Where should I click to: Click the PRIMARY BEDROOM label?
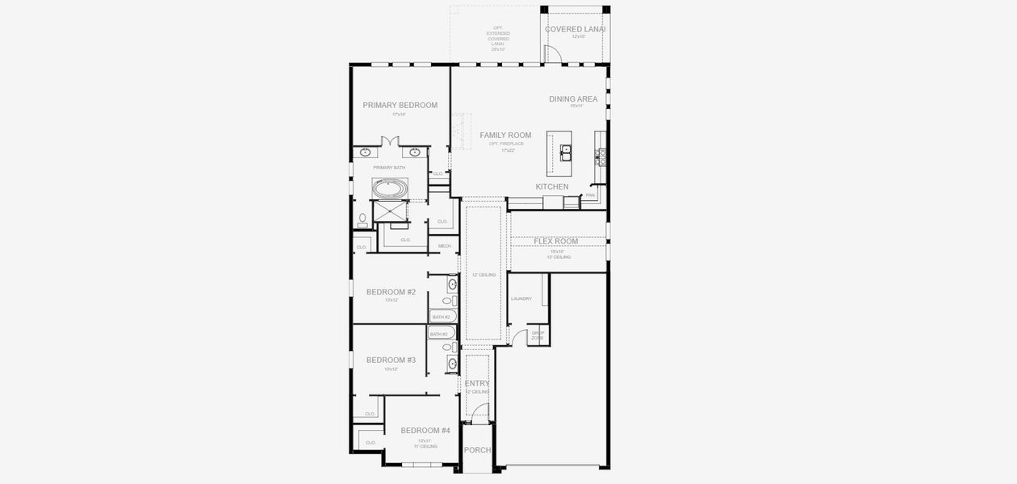point(400,105)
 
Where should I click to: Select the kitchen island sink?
point(566,149)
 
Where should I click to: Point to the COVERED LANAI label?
point(575,29)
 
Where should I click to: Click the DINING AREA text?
point(573,99)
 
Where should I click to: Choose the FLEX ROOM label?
point(555,241)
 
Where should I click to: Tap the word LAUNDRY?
point(521,298)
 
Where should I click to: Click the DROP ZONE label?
point(538,335)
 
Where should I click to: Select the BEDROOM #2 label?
point(391,292)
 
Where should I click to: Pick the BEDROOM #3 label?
point(391,360)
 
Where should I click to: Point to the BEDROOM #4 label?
point(425,431)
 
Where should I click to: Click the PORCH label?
point(477,450)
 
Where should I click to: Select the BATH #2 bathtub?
point(443,317)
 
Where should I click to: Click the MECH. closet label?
point(444,246)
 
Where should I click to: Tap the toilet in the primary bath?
point(362,219)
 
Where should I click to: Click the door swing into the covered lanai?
point(553,53)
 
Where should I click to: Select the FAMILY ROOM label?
point(505,135)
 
